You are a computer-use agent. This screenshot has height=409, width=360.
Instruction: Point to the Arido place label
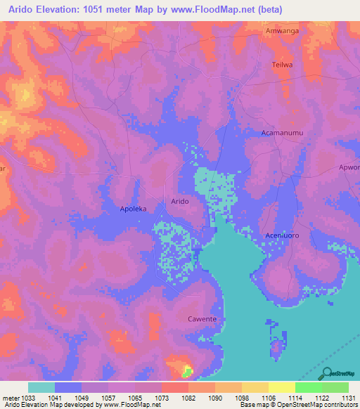[x=179, y=201]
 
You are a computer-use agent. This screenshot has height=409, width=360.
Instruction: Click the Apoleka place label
[x=133, y=209]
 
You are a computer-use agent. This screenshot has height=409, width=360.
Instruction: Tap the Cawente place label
[x=202, y=319]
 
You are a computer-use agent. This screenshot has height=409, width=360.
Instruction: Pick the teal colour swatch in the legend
[x=41, y=387]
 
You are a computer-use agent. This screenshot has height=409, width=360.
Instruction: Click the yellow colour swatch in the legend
[x=281, y=387]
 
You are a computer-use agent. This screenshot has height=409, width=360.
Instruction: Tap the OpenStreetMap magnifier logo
[x=326, y=373]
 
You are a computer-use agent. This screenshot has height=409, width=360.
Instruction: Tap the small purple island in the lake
[x=278, y=346]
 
